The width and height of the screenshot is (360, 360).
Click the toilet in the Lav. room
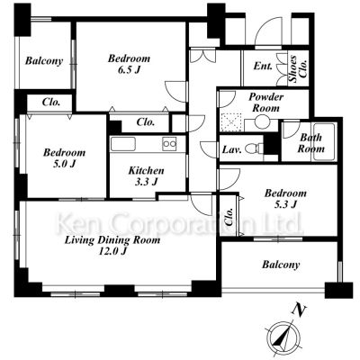coord(253,148)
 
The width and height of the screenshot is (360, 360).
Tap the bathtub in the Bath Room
coord(324,142)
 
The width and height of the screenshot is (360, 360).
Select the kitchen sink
coord(123,144)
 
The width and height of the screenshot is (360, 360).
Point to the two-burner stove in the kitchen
coord(169,144)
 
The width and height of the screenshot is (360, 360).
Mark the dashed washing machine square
coord(230,122)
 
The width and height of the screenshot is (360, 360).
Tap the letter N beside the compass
coord(299,310)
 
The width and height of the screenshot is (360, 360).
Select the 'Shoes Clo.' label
coord(298,68)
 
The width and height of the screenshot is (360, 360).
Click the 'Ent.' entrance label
coord(263,66)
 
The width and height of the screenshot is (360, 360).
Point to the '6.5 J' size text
coord(129,70)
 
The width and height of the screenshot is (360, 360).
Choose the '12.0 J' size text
coord(112,251)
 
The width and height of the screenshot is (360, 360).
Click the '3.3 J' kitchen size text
coord(146,182)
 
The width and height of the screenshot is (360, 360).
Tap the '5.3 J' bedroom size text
coord(285,204)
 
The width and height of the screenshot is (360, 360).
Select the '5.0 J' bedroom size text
coord(64,164)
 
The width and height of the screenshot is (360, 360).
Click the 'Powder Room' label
coord(266,103)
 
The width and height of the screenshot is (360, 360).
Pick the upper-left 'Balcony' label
coord(44,61)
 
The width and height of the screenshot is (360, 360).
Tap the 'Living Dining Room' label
coord(112,240)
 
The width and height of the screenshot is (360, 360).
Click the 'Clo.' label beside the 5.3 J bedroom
coord(229,217)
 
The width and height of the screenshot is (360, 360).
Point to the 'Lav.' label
coord(231,149)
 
